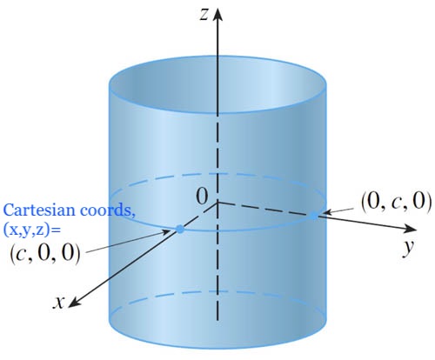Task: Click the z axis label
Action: coord(204,15)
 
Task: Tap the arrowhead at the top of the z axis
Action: coord(217,15)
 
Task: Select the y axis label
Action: coord(408,247)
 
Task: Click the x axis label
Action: coord(59,303)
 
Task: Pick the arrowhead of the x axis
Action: coord(74,302)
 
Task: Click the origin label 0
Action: coord(202,197)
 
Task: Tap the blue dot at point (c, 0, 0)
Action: coord(180,229)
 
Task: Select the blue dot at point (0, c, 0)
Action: coord(314,216)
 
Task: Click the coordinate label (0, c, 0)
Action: coord(396,202)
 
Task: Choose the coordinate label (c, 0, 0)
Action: coord(44,255)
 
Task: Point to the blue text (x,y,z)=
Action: coord(32,230)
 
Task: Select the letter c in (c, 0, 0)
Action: coord(23,256)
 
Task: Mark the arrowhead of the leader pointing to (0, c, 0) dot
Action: coord(327,212)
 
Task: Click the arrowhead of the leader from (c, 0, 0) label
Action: coord(167,231)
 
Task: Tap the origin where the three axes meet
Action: coord(217,202)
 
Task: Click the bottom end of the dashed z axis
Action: coord(217,320)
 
